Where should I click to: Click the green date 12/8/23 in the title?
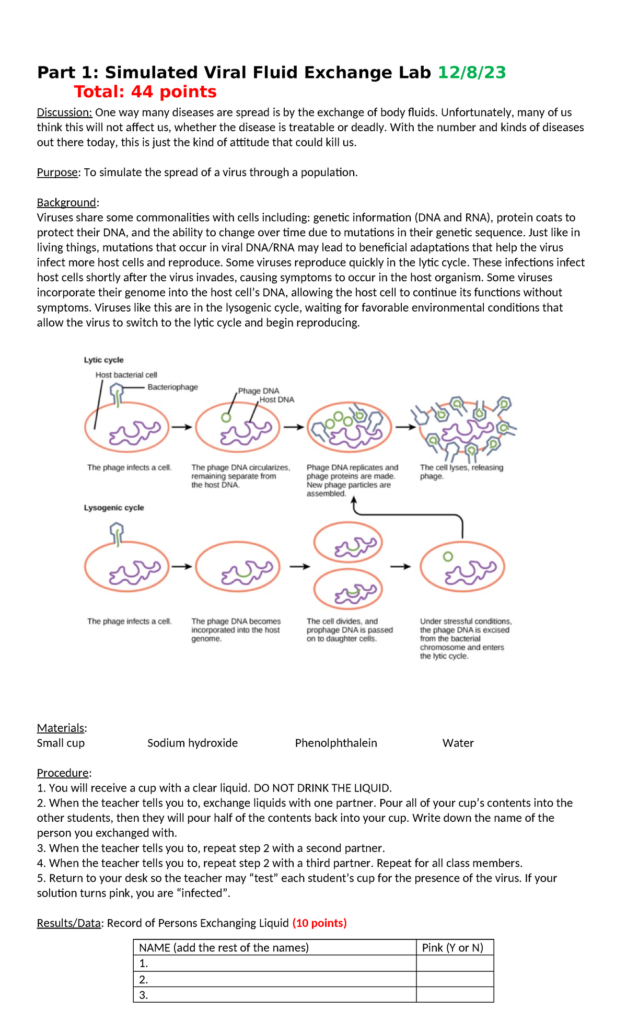(x=471, y=73)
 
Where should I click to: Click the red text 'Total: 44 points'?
(x=145, y=92)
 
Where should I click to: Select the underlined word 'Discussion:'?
(x=64, y=112)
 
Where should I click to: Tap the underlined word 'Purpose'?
(x=57, y=173)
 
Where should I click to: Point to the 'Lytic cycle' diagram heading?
(x=103, y=360)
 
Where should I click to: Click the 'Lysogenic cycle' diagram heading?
(x=114, y=508)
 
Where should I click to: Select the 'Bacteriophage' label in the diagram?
(x=172, y=387)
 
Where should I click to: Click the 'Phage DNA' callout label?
(x=258, y=391)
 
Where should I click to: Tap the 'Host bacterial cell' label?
(x=126, y=375)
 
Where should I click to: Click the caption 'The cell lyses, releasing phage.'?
(x=461, y=472)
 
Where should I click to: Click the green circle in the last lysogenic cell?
(x=448, y=557)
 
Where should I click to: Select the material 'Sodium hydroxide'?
(x=192, y=743)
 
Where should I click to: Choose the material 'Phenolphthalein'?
(x=335, y=743)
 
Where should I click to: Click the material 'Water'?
(x=458, y=743)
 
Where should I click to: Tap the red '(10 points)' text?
(x=319, y=923)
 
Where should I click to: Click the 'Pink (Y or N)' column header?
(x=452, y=947)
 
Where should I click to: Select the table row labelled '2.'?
(x=275, y=979)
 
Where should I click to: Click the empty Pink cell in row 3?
(x=455, y=995)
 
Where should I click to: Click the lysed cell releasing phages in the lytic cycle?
(x=462, y=428)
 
